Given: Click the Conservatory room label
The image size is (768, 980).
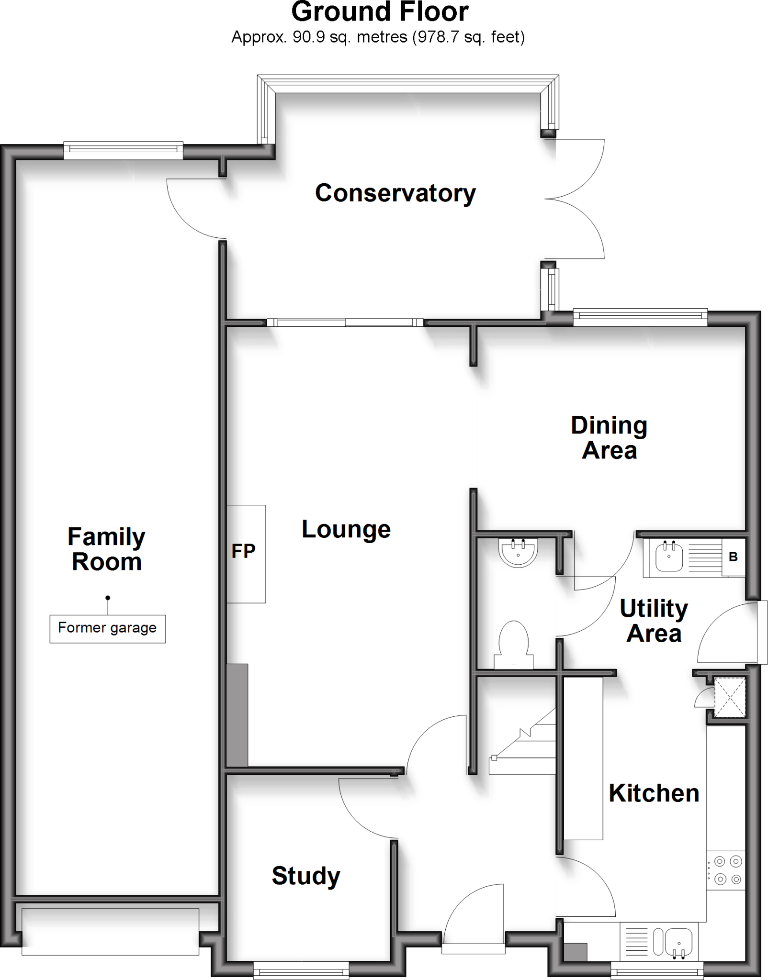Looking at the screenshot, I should pyautogui.click(x=395, y=193).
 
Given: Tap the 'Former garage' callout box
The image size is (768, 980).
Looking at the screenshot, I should pyautogui.click(x=108, y=628).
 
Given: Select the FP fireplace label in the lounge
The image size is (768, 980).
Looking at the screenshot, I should pyautogui.click(x=243, y=551).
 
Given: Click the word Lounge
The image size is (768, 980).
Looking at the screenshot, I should pyautogui.click(x=346, y=529).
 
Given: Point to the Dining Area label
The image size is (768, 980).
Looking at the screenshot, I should pyautogui.click(x=609, y=438).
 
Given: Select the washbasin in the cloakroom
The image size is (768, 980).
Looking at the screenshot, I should pyautogui.click(x=518, y=552).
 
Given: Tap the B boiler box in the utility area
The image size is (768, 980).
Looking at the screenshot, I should pyautogui.click(x=733, y=557).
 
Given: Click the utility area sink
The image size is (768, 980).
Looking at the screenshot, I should pyautogui.click(x=669, y=557).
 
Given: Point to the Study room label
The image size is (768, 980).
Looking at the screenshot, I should pyautogui.click(x=305, y=876).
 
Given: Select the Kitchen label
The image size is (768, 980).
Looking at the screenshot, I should pyautogui.click(x=654, y=793).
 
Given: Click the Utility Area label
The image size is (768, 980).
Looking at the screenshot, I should pyautogui.click(x=654, y=621).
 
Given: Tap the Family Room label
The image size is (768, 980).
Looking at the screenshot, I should pyautogui.click(x=106, y=549).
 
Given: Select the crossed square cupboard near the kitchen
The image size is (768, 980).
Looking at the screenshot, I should pyautogui.click(x=730, y=697).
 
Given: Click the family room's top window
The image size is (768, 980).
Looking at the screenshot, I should pyautogui.click(x=123, y=151).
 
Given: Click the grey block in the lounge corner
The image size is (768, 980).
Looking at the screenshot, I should pyautogui.click(x=237, y=715).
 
